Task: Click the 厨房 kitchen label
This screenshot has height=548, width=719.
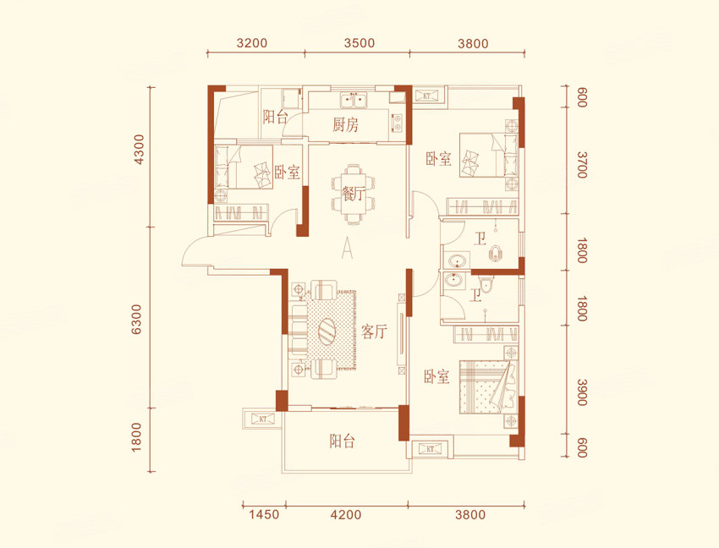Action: click(346, 124)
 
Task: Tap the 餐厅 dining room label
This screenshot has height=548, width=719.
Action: click(352, 193)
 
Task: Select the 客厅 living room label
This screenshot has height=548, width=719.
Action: click(374, 332)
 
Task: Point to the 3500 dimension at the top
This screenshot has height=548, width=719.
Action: click(359, 43)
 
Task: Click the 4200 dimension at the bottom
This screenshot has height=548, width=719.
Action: click(346, 514)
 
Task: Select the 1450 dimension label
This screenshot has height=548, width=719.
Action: click(264, 514)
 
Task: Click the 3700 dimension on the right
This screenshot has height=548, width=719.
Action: click(582, 165)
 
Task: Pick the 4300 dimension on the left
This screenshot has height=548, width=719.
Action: click(138, 150)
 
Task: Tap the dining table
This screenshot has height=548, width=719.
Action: click(353, 194)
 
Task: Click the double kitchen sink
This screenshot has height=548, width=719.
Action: click(353, 101)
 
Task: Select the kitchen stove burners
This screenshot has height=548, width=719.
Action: click(397, 122)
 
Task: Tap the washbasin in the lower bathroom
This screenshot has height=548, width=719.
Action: click(454, 279)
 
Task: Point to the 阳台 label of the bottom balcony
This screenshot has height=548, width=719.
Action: click(342, 441)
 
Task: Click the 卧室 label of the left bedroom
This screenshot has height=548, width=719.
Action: click(287, 173)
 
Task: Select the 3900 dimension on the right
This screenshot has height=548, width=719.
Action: click(582, 392)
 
